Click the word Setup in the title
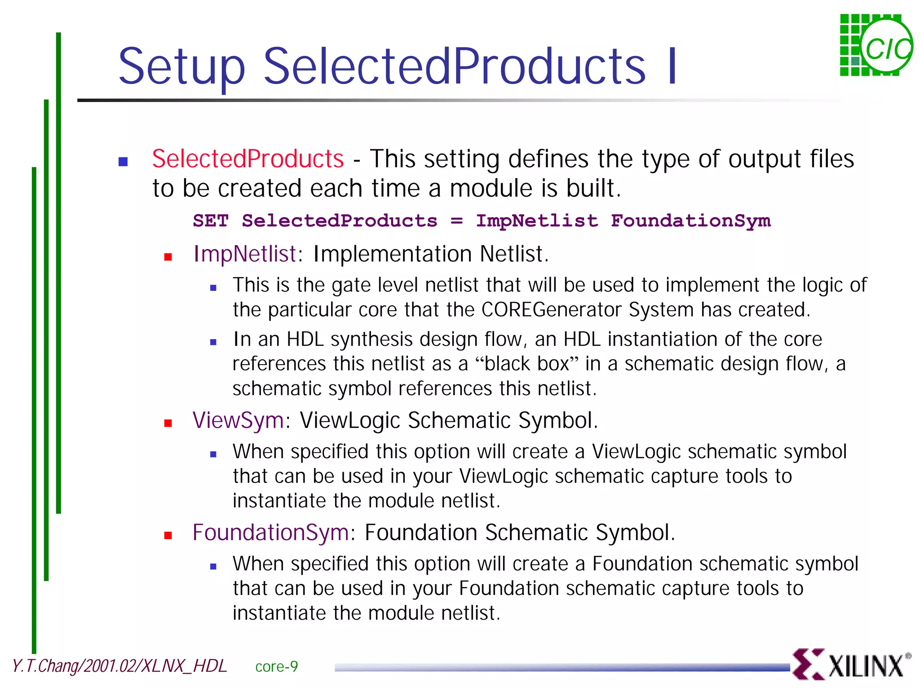pyautogui.click(x=181, y=67)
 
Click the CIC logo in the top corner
pyautogui.click(x=876, y=45)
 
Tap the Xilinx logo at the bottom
pyautogui.click(x=851, y=664)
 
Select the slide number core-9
pyautogui.click(x=276, y=666)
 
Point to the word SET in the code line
pyautogui.click(x=211, y=221)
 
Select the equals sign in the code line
pyautogui.click(x=456, y=221)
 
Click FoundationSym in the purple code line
pyautogui.click(x=690, y=221)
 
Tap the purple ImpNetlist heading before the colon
pyautogui.click(x=244, y=254)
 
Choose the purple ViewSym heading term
pyautogui.click(x=238, y=420)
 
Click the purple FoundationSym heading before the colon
pyautogui.click(x=270, y=532)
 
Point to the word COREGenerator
pyautogui.click(x=552, y=310)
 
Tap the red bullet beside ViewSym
pyautogui.click(x=168, y=423)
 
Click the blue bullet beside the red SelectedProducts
pyautogui.click(x=123, y=162)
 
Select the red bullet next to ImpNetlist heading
pyautogui.click(x=168, y=257)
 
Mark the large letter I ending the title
pyautogui.click(x=672, y=67)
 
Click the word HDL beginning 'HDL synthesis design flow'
pyautogui.click(x=305, y=339)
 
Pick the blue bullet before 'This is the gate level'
pyautogui.click(x=213, y=288)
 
